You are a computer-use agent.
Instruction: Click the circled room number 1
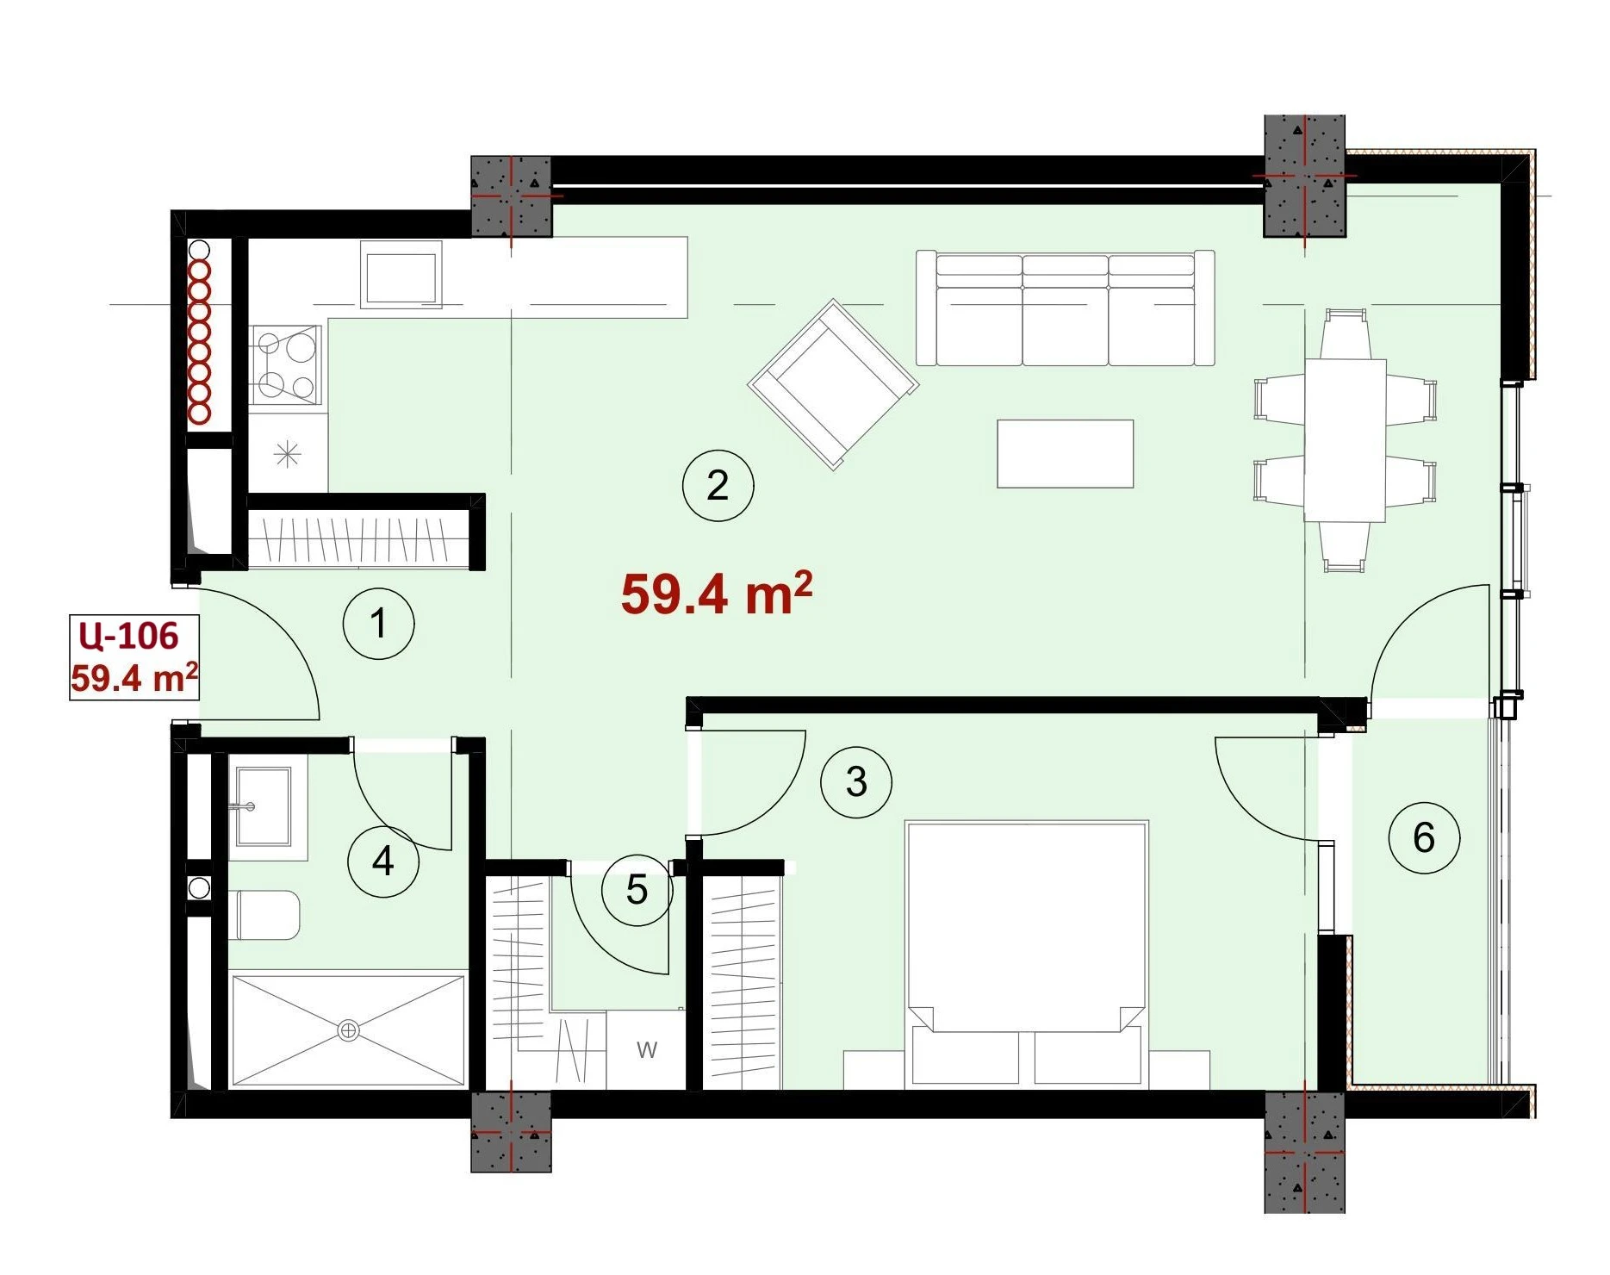[x=379, y=624]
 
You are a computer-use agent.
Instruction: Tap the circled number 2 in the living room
[x=718, y=485]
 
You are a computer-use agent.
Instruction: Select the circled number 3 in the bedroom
[x=856, y=782]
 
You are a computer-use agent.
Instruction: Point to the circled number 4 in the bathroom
[x=383, y=861]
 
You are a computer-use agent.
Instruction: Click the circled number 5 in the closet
[x=637, y=890]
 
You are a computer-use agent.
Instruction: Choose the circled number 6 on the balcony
[x=1424, y=837]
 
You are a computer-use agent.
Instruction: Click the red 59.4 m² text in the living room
[x=717, y=594]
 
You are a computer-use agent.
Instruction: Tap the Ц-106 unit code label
[x=128, y=636]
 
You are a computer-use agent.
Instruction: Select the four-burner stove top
[x=285, y=364]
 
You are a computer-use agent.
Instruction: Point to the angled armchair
[x=833, y=384]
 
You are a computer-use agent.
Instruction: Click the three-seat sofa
[x=1065, y=308]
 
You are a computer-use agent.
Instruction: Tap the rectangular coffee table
[x=1065, y=454]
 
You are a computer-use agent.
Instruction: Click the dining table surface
[x=1345, y=440]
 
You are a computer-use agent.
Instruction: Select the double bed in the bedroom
[x=1027, y=953]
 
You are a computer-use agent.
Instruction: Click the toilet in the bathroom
[x=267, y=915]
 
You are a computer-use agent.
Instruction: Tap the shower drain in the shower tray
[x=348, y=1030]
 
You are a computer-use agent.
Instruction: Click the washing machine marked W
[x=646, y=1050]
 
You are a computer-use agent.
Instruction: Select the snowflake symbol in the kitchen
[x=287, y=453]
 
